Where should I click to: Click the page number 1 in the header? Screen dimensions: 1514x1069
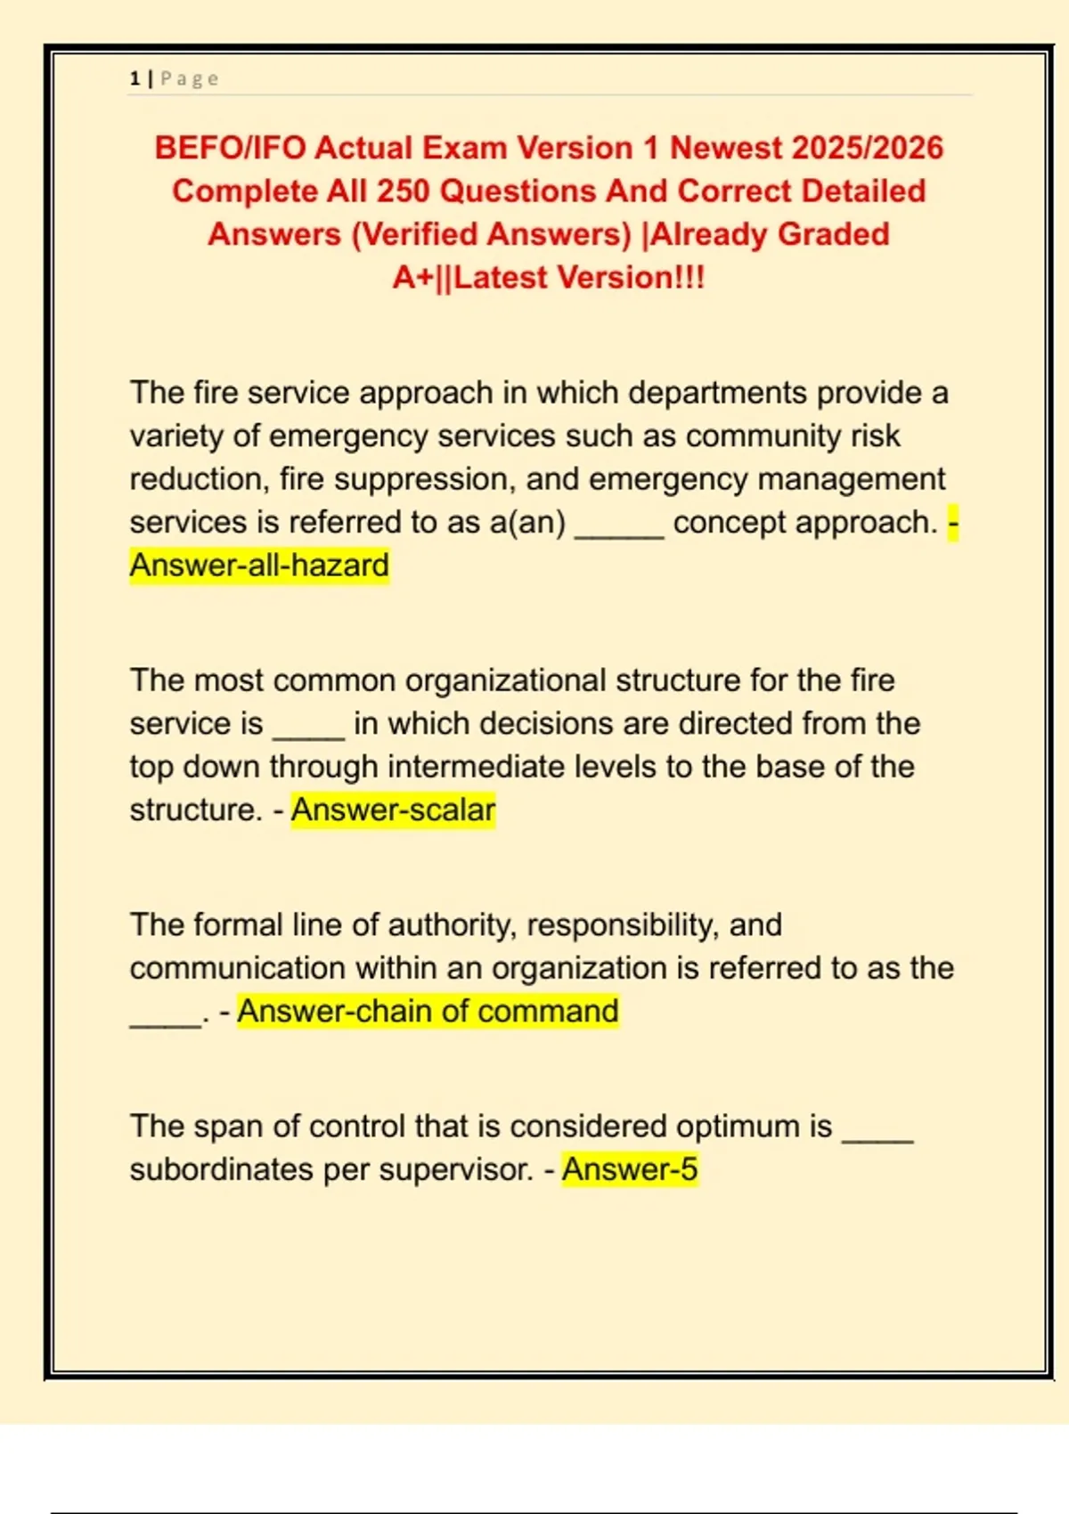coord(135,78)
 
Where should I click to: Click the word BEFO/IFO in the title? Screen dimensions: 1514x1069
coord(230,148)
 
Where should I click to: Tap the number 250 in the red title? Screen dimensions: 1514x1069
coord(403,191)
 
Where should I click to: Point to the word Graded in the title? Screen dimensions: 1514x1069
coord(834,234)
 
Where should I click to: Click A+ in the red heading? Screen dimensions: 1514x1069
coord(412,278)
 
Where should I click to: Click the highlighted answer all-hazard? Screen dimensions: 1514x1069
coord(259,566)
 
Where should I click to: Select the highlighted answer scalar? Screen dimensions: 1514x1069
coord(393,810)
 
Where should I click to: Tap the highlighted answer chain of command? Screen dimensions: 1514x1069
coord(428,1012)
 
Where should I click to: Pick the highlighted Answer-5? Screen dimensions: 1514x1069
coord(630,1169)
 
